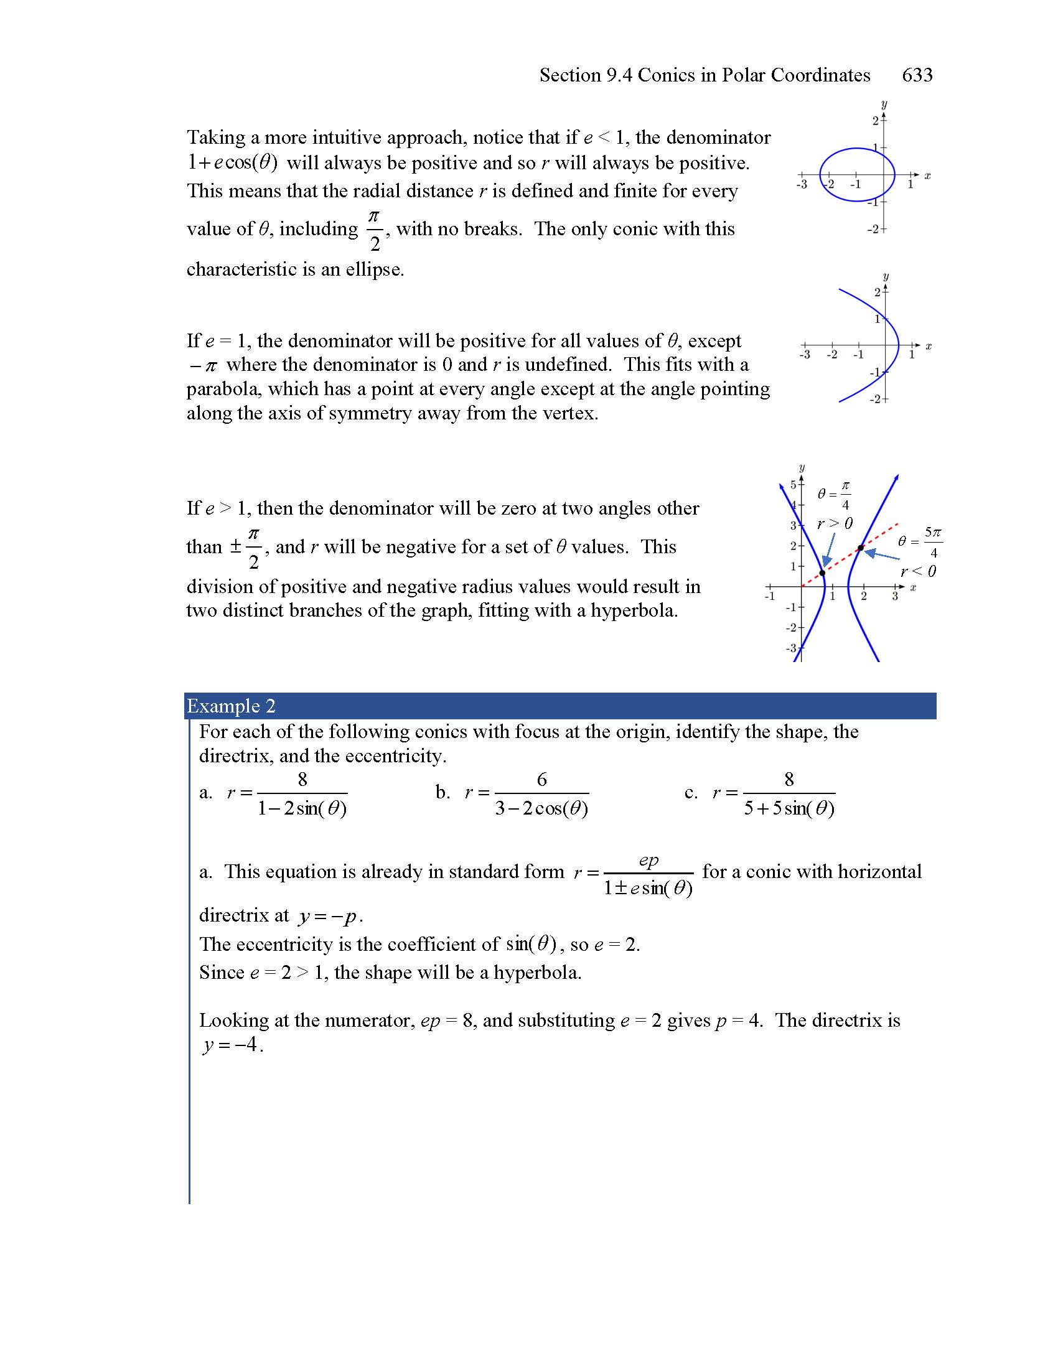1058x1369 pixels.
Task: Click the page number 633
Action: (916, 75)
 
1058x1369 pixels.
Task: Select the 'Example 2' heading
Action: (231, 706)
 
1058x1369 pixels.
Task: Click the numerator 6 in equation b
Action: (541, 779)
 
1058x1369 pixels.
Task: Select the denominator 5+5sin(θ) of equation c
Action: (789, 808)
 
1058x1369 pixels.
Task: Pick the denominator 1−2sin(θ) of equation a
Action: (302, 808)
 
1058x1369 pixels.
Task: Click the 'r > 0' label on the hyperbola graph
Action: (835, 523)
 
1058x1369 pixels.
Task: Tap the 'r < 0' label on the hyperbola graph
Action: (918, 571)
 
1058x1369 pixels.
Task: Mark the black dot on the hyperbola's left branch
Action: (822, 572)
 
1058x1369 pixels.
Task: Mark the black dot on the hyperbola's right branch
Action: (861, 548)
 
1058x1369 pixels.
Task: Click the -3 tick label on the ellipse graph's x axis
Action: (802, 185)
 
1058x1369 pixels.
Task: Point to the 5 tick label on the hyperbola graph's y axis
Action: (793, 485)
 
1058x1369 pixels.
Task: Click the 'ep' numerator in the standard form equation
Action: (648, 860)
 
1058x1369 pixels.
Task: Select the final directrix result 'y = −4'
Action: (231, 1044)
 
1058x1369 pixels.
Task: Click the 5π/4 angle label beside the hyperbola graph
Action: (933, 542)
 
